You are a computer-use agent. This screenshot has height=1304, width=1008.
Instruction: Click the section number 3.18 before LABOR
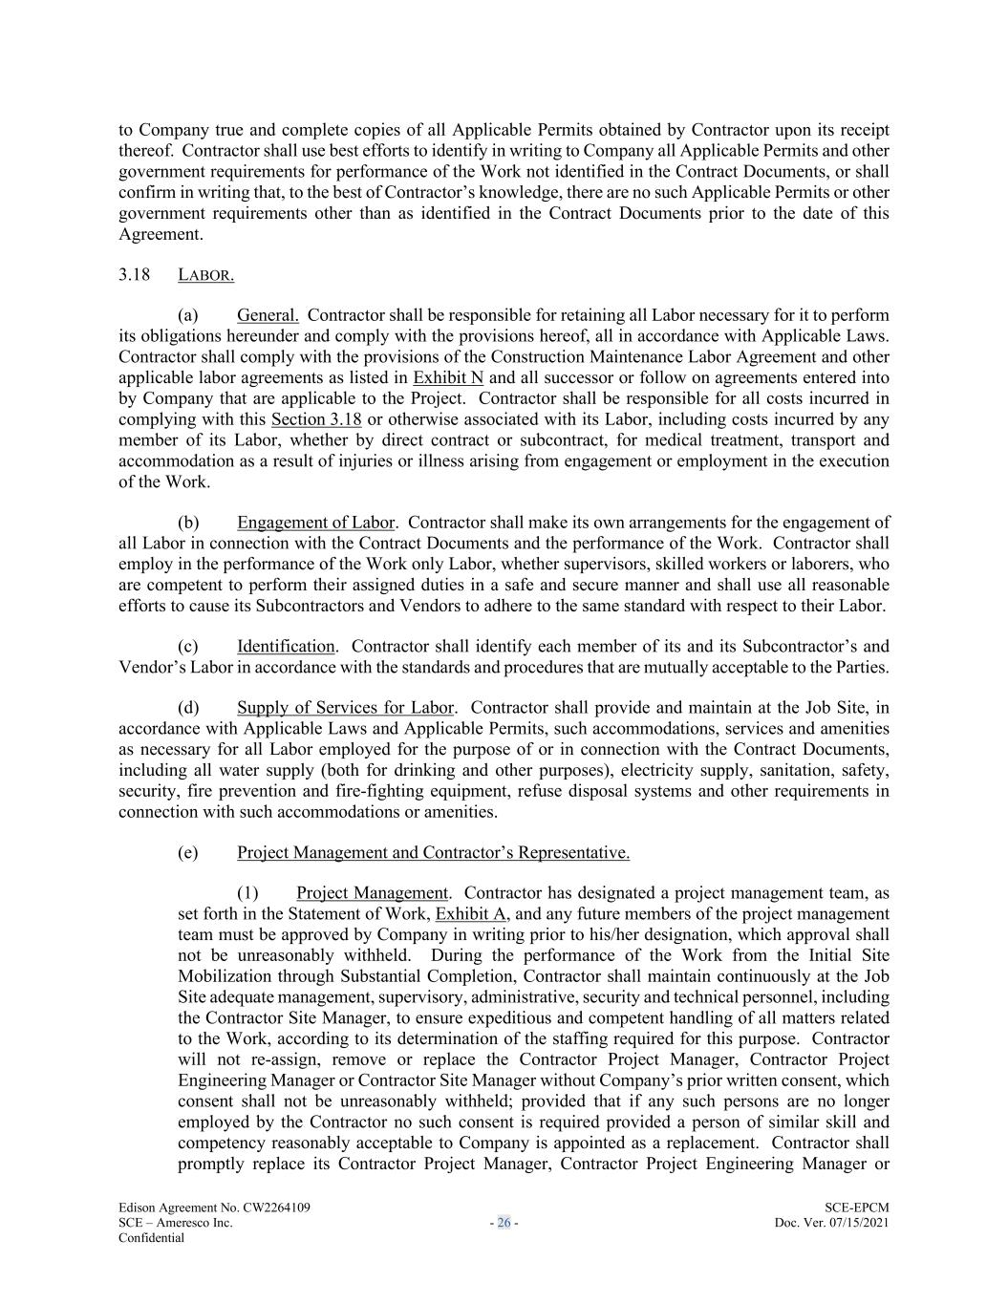pos(135,275)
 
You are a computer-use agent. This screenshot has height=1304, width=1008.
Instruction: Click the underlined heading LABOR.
pos(205,275)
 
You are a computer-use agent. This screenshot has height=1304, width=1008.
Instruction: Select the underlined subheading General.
pos(268,315)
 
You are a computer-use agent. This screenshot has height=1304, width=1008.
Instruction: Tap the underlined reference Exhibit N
pos(448,377)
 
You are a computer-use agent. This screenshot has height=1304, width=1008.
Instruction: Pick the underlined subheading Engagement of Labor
pos(315,523)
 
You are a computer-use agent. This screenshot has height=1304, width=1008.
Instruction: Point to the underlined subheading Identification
pos(286,647)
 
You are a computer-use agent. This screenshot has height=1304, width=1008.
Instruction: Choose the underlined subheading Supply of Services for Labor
pos(345,708)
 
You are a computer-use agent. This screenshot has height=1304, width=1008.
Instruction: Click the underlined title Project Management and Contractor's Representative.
pos(433,853)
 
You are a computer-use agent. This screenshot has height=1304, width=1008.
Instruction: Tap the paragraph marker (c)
pos(188,647)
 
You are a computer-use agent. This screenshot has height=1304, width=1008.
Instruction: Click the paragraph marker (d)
pos(188,708)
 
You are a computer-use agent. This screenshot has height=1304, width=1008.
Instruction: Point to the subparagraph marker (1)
pos(247,894)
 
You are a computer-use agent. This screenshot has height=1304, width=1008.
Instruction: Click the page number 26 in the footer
pos(504,1223)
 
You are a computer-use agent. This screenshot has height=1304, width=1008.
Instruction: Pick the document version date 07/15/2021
pos(856,1223)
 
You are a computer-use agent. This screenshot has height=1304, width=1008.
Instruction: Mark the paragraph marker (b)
pos(188,523)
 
